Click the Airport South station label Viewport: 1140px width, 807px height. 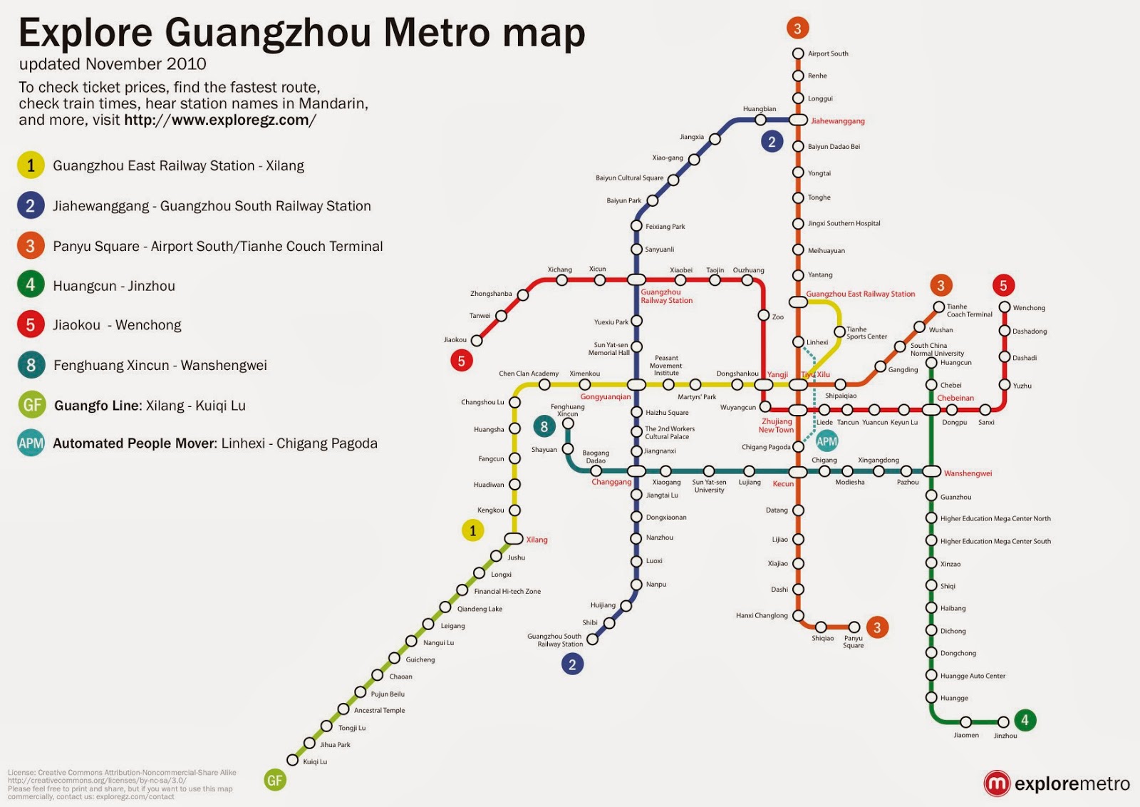pos(827,53)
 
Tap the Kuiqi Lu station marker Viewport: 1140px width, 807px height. pos(292,760)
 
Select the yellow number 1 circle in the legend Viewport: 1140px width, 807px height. pos(31,165)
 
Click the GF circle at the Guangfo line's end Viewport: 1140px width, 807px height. pos(274,780)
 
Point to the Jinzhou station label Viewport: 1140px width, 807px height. pos(1005,736)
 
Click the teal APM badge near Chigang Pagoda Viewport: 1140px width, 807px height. pos(826,441)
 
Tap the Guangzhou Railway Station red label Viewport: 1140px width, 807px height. pos(666,297)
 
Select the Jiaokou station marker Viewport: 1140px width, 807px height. pos(477,341)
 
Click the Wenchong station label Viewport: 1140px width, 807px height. pos(1029,308)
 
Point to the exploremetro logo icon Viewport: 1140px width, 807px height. pos(996,783)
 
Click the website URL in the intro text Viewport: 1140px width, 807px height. pos(219,120)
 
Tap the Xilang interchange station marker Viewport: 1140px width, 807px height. pos(514,539)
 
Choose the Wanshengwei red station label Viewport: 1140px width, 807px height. pos(968,473)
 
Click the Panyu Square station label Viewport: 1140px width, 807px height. pos(853,642)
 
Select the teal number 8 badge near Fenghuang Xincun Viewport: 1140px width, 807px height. pos(544,427)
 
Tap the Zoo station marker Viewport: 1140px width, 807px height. pos(763,315)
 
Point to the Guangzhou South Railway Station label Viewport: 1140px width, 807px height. pos(555,640)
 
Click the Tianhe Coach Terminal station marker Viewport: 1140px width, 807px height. pos(939,307)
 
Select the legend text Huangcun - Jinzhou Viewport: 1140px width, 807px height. pos(114,286)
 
